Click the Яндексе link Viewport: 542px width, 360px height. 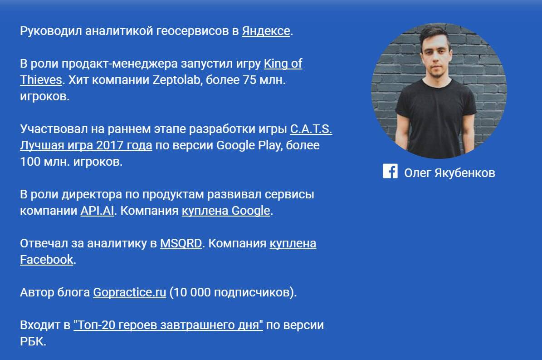click(266, 31)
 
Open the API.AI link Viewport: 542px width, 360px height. click(97, 211)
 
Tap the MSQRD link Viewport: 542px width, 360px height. click(181, 243)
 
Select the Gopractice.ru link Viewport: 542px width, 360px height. click(130, 292)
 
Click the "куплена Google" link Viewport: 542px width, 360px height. click(226, 211)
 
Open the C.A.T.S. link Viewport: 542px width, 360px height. click(311, 129)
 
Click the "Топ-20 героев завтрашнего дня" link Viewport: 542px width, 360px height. click(168, 325)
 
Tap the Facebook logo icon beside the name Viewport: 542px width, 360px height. click(390, 171)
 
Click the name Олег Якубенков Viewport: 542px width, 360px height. click(450, 173)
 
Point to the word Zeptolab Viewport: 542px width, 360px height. click(176, 80)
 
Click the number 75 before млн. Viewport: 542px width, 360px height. click(249, 80)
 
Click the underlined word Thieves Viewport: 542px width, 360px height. click(41, 80)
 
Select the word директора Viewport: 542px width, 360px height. click(92, 195)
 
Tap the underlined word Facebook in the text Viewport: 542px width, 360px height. click(47, 260)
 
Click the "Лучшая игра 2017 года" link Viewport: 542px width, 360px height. click(86, 146)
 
